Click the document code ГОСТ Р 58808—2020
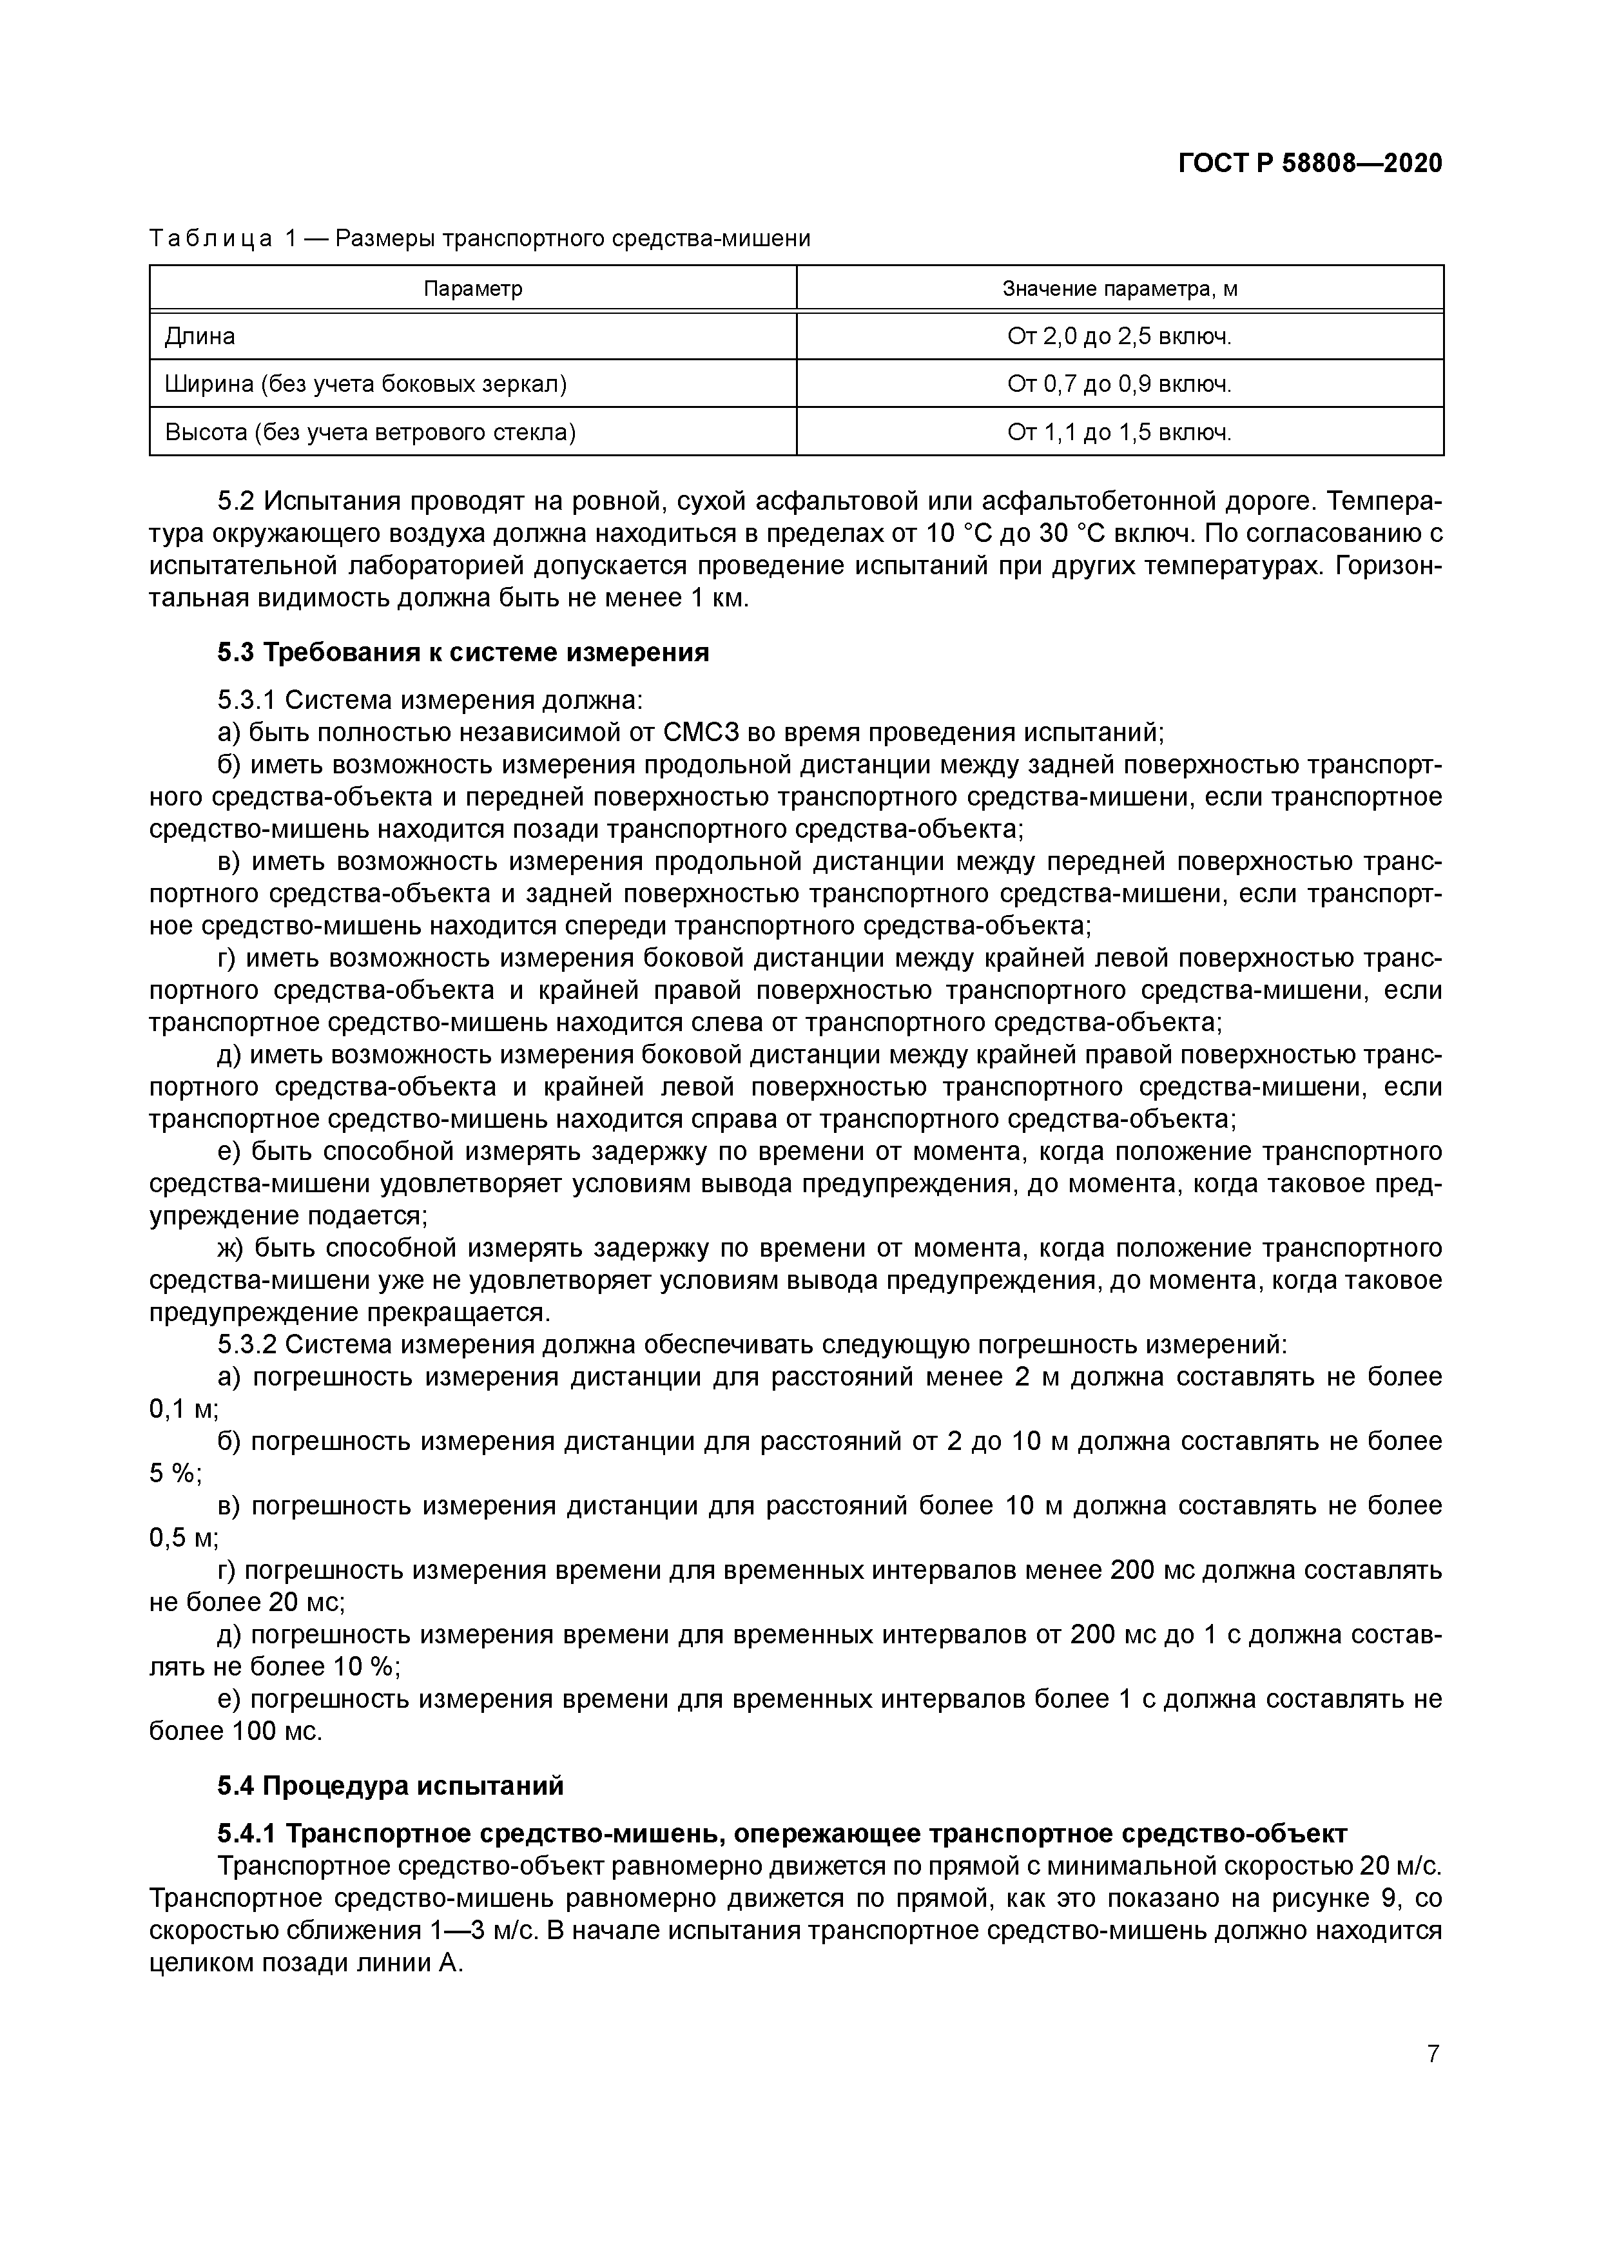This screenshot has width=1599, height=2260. (x=1310, y=164)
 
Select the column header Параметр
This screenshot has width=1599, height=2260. (x=472, y=289)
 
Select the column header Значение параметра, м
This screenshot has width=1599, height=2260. (x=1119, y=289)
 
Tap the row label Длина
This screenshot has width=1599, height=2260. (x=200, y=336)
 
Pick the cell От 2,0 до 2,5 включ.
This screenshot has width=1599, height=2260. (x=1119, y=336)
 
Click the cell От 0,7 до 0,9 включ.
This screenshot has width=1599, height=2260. (x=1119, y=384)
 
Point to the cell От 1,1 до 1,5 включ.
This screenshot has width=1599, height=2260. (x=1119, y=432)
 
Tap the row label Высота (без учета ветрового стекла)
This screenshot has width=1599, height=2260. (x=370, y=432)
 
